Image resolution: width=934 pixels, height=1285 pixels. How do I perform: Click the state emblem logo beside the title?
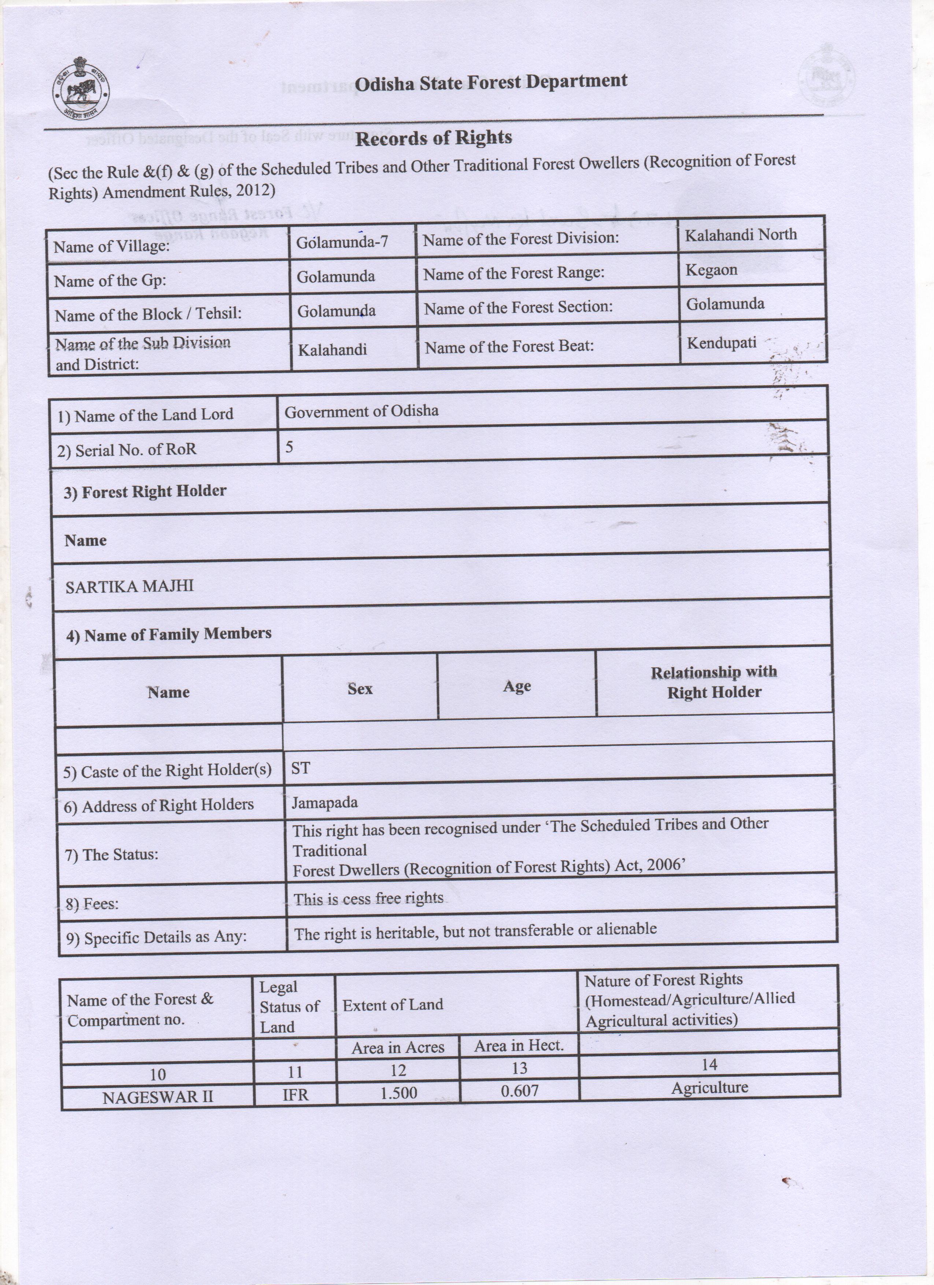point(81,88)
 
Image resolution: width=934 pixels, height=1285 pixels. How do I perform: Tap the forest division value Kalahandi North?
point(741,235)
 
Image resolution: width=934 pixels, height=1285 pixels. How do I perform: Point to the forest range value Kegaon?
point(711,270)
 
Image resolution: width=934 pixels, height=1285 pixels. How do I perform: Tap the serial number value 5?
point(289,447)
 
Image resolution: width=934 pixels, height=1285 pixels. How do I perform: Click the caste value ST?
point(300,768)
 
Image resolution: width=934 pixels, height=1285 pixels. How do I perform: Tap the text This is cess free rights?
point(368,899)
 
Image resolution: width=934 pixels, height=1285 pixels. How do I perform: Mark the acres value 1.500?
point(399,1093)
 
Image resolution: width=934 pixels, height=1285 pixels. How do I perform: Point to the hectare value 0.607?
point(519,1091)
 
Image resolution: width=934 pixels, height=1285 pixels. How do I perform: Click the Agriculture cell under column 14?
point(709,1088)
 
